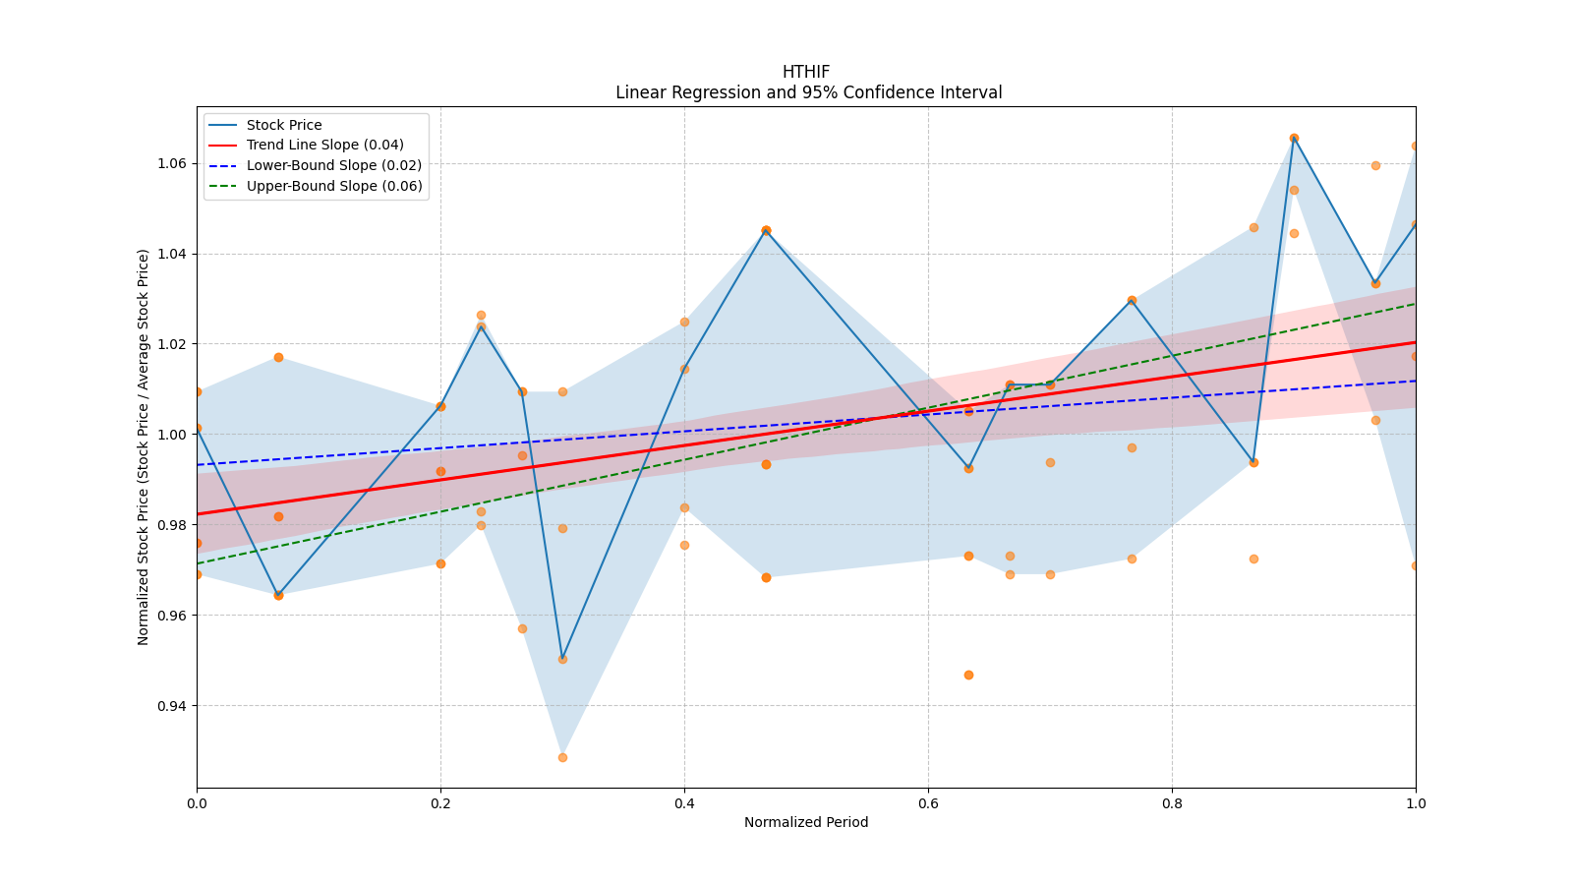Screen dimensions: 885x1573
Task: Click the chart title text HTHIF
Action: pos(806,72)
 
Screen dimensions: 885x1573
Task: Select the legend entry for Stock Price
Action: pos(284,125)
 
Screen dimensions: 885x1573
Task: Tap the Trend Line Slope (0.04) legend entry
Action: pos(324,145)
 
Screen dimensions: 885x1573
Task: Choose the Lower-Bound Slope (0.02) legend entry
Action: pos(333,165)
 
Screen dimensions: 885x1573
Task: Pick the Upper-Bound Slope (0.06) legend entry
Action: pos(334,186)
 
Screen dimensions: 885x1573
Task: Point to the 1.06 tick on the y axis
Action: pos(173,163)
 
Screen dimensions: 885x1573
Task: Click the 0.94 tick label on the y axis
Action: pos(173,706)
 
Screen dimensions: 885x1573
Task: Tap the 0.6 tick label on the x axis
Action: pos(928,803)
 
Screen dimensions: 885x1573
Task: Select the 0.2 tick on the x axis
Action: pos(440,803)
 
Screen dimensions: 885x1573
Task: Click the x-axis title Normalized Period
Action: pos(806,822)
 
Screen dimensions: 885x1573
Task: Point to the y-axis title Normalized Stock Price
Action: pos(144,446)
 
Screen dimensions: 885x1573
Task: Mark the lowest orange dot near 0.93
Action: pos(562,757)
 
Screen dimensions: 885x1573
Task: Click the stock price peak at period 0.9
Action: pos(1294,138)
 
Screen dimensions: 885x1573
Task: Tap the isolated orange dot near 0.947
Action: pos(968,675)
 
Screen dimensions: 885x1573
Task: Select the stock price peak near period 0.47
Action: pos(766,230)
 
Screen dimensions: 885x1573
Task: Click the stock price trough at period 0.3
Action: pos(562,659)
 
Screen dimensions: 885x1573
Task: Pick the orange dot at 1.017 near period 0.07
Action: pos(278,357)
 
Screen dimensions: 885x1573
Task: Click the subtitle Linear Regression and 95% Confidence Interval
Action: pos(808,92)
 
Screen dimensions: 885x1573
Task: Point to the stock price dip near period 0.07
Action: pos(278,595)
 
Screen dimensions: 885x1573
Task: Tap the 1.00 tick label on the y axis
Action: pos(173,435)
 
